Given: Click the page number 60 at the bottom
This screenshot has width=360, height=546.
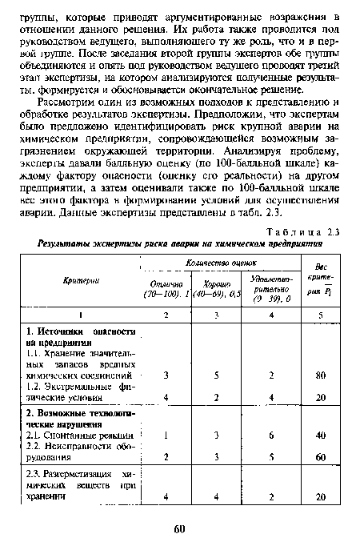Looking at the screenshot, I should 179,528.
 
